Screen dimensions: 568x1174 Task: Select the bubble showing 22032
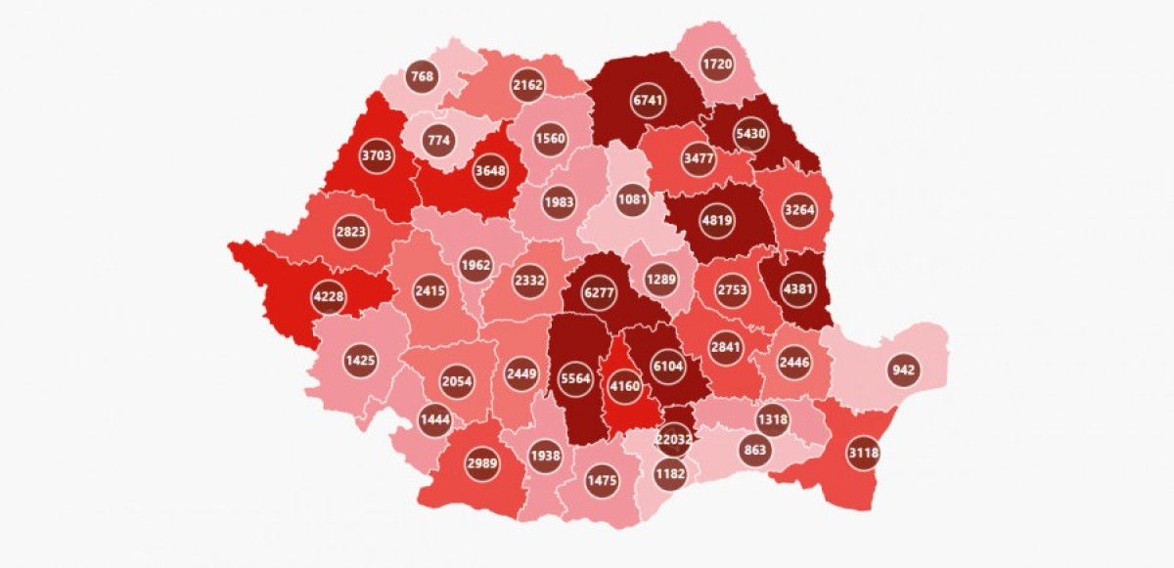point(674,440)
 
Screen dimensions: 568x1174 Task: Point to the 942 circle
point(903,371)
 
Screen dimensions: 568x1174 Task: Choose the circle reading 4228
point(329,298)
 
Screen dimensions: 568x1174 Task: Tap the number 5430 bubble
point(750,135)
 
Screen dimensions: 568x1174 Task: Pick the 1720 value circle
point(717,65)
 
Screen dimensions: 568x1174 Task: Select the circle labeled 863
point(755,451)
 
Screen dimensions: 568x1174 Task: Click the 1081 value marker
point(632,201)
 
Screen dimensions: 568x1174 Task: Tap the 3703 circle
point(377,155)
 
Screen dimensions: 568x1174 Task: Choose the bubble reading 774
point(438,140)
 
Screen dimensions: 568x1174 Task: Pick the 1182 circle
point(670,474)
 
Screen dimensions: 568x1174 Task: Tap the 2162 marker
point(527,85)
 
